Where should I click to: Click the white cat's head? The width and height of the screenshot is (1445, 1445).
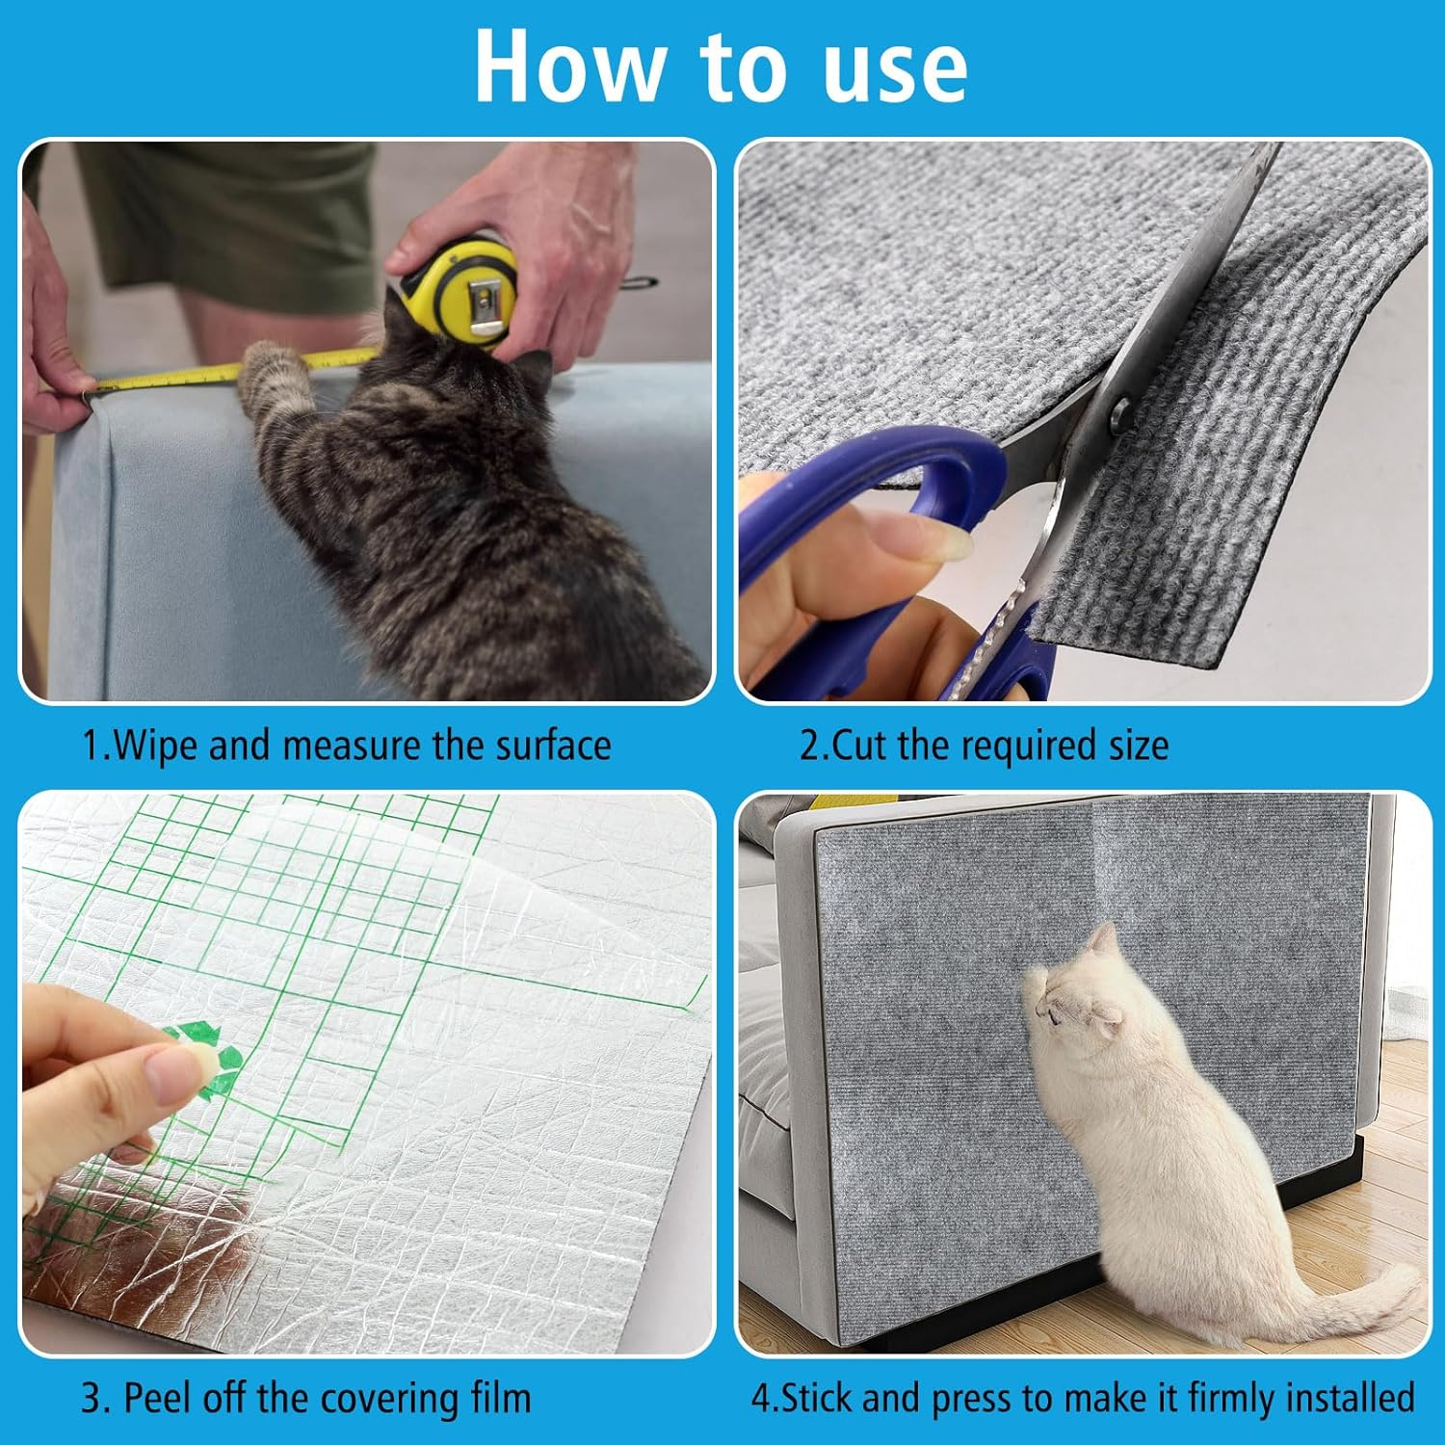click(x=1074, y=1002)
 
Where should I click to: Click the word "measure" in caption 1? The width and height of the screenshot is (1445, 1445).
click(x=355, y=746)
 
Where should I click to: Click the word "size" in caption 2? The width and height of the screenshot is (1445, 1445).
click(x=1138, y=746)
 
